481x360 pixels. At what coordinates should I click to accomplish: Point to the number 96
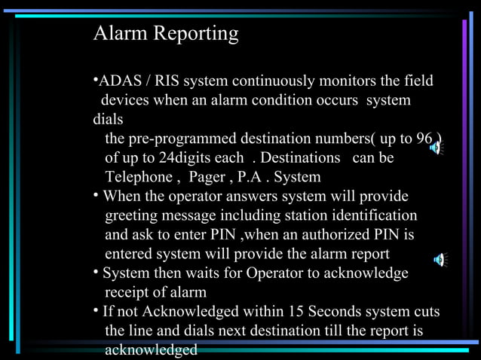click(x=424, y=139)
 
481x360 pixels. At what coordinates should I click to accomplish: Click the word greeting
click(x=133, y=216)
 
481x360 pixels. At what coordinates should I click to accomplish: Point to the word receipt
click(x=129, y=292)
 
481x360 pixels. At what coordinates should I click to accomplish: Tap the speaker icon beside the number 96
click(x=436, y=148)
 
